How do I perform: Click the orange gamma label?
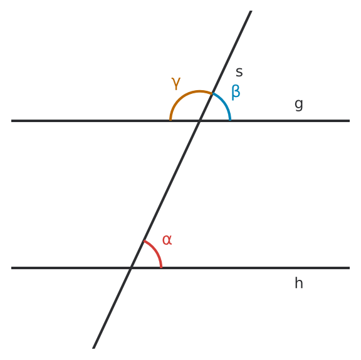pos(176,83)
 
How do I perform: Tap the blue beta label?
pos(236,92)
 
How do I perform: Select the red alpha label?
pos(167,240)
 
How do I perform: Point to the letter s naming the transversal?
pos(239,72)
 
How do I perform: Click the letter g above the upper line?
pos(299,105)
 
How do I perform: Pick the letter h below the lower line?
pos(299,283)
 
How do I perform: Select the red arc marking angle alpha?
pos(155,250)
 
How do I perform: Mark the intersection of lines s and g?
pos(200,121)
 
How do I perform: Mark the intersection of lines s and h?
pos(131,268)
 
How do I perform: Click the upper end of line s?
pos(251,11)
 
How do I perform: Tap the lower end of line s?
pos(93,348)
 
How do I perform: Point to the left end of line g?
pos(11,121)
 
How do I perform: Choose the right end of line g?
pos(350,121)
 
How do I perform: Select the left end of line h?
pos(11,268)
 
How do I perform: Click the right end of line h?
pos(350,268)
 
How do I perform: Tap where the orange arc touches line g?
pos(170,120)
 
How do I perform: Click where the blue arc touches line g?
pos(230,120)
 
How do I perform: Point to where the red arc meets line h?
pos(161,267)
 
